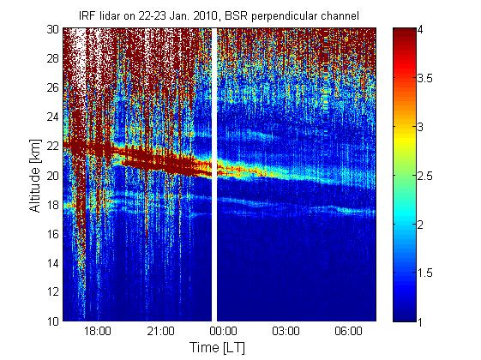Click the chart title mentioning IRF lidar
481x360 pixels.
coord(219,15)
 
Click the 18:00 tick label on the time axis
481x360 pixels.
coord(98,332)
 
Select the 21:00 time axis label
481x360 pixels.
coord(160,332)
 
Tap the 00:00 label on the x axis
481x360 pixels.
coord(223,332)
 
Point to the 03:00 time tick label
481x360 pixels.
coord(286,332)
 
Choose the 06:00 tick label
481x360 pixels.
coord(348,332)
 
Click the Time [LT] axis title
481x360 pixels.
coord(217,348)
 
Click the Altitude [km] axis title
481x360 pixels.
coord(35,176)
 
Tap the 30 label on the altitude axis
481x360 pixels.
coord(53,29)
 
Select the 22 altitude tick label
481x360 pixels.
coord(53,146)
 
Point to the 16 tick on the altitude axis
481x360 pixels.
coord(53,234)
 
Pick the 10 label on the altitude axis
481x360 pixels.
coord(53,321)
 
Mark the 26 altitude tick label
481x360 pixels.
coord(53,87)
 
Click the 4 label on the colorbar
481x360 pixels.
coord(420,30)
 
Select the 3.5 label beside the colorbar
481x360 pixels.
coord(424,79)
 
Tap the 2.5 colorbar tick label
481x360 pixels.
coord(424,176)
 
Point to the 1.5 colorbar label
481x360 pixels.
coord(424,273)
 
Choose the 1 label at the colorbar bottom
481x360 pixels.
coord(420,321)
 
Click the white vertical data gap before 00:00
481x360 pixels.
coord(214,175)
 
